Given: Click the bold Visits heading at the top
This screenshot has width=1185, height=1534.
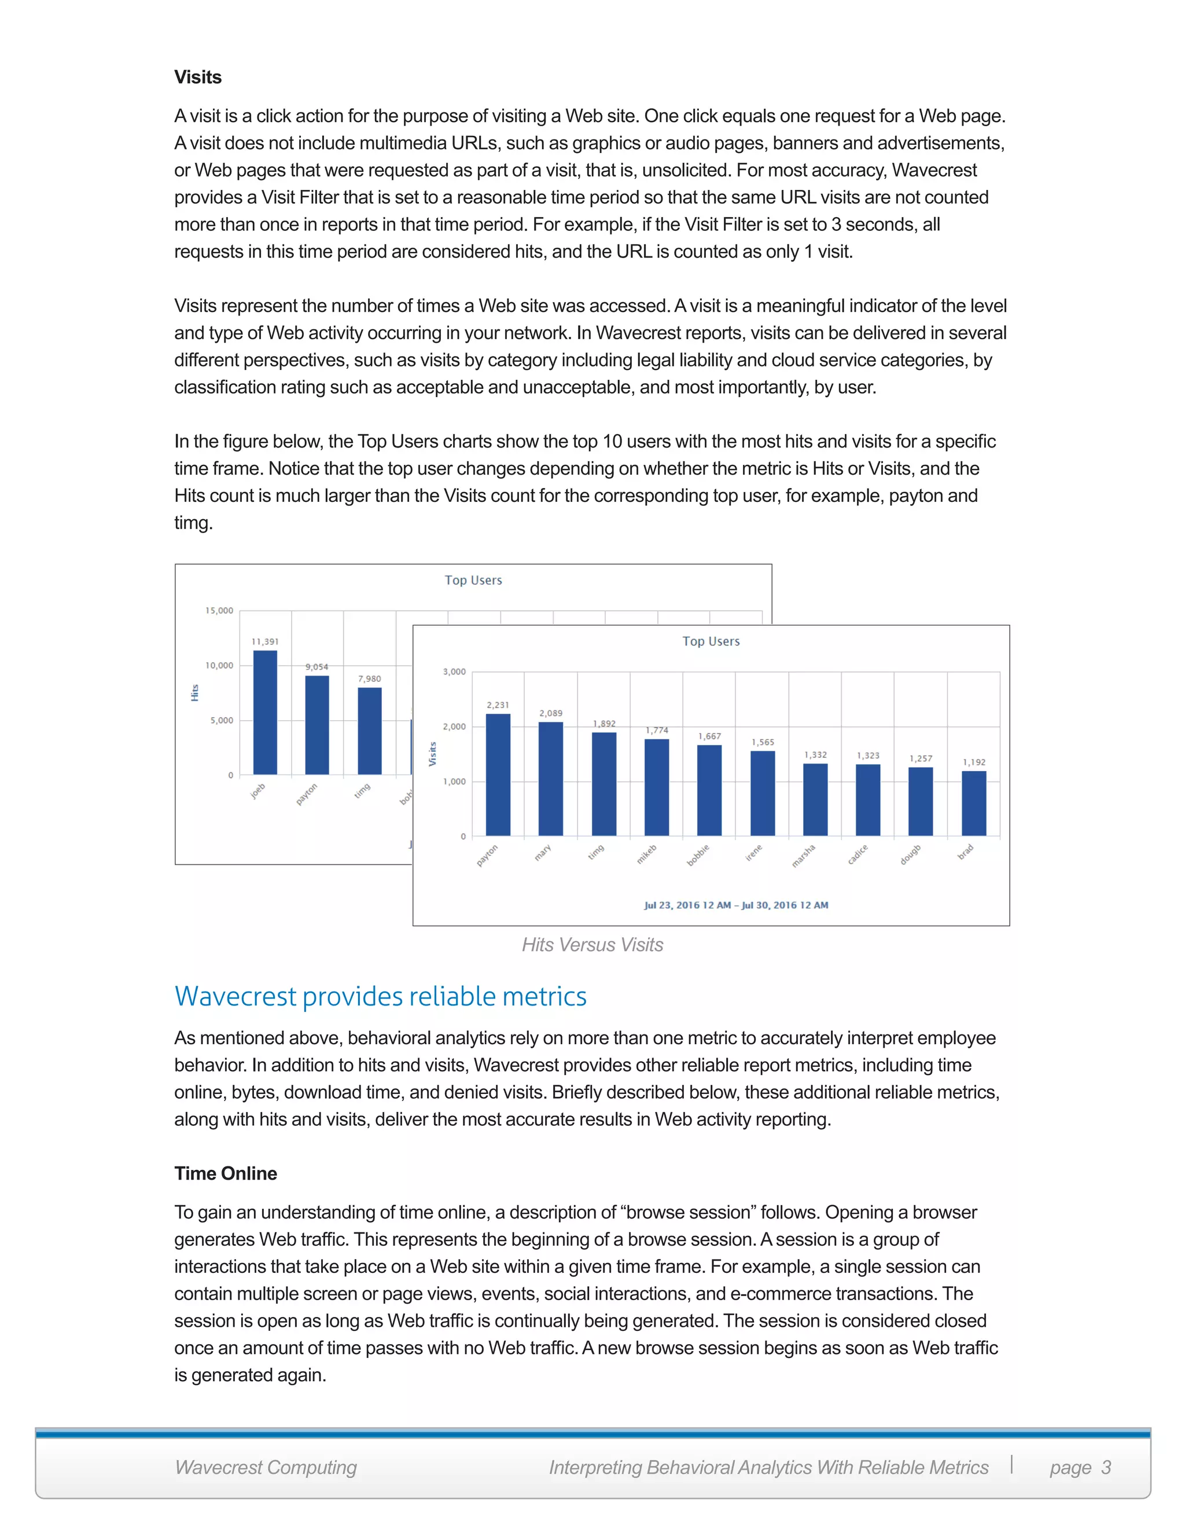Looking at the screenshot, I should click(x=198, y=77).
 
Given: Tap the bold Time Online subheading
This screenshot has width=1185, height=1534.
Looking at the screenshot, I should click(x=225, y=1174).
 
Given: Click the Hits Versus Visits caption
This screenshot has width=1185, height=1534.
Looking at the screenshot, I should click(x=592, y=945).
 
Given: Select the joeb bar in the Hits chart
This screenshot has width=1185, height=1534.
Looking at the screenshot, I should click(x=264, y=713).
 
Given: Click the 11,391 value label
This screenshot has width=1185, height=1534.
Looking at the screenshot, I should click(x=264, y=641).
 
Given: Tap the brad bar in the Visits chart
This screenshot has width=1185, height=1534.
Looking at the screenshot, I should click(x=974, y=803).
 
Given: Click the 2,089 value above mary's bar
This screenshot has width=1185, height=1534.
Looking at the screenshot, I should click(x=550, y=713).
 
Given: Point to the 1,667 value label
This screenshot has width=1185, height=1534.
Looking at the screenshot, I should click(x=709, y=736).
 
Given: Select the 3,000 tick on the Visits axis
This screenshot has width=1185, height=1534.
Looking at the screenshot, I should click(x=454, y=671).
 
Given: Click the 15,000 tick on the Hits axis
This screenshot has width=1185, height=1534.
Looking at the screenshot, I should click(x=219, y=610).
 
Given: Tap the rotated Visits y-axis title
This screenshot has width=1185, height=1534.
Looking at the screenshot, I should click(x=432, y=754).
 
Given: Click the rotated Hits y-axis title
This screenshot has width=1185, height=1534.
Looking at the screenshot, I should click(x=194, y=692).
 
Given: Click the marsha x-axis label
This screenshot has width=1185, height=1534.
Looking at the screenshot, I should click(x=804, y=856).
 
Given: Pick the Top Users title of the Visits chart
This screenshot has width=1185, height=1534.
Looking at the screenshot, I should click(x=711, y=641).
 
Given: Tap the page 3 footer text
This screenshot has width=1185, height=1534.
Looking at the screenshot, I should click(x=1080, y=1467).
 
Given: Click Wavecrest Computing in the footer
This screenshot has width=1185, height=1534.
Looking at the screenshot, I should click(x=266, y=1467).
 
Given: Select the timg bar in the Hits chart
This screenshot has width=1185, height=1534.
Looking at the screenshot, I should click(x=369, y=731).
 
